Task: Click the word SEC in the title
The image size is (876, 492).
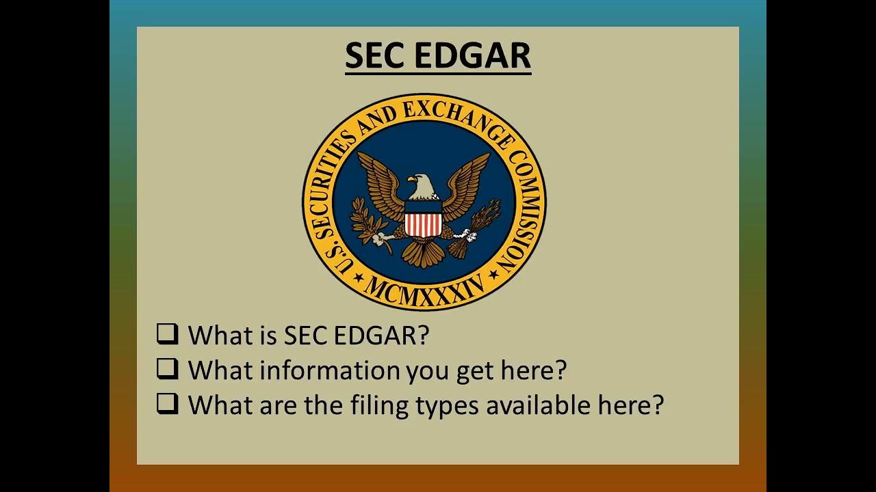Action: [374, 56]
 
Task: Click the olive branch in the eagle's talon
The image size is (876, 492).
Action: [366, 225]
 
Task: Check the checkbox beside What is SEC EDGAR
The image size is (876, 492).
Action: [167, 334]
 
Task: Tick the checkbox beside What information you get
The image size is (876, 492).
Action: [167, 369]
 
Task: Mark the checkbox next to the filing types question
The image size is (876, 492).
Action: [167, 404]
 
